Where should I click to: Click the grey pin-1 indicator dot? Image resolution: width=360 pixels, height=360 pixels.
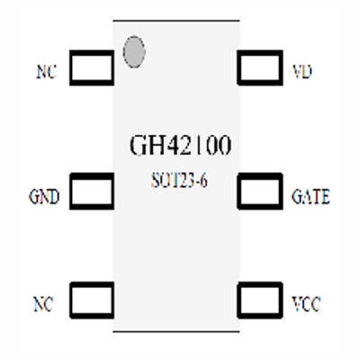(134, 52)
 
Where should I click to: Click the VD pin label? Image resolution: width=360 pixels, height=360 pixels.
(303, 71)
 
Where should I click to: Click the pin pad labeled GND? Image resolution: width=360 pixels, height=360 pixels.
(91, 192)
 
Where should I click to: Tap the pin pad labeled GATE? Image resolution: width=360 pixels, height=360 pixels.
(260, 192)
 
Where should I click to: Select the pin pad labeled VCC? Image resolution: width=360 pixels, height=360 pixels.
(260, 298)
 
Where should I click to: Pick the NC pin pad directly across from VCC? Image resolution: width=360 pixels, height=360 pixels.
(91, 298)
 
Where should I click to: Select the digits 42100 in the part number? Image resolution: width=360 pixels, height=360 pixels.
(190, 145)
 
